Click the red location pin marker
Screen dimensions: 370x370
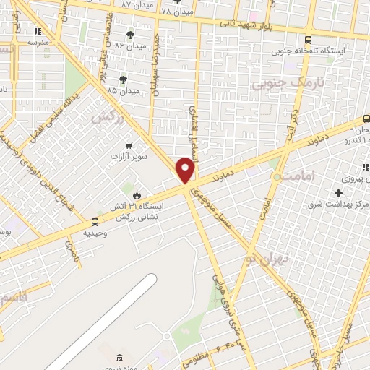tap(186, 170)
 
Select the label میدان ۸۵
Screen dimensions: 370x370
tap(122, 92)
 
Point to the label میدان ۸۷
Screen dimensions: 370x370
tap(136, 4)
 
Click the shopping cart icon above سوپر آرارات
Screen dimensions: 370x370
tap(129, 145)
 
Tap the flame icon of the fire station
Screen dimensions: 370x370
tap(136, 194)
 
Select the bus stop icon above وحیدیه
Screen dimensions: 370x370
tap(95, 222)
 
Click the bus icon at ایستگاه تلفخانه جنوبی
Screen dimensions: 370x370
tap(309, 40)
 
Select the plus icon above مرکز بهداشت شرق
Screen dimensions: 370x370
tap(337, 193)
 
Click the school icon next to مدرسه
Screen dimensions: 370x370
tap(38, 31)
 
